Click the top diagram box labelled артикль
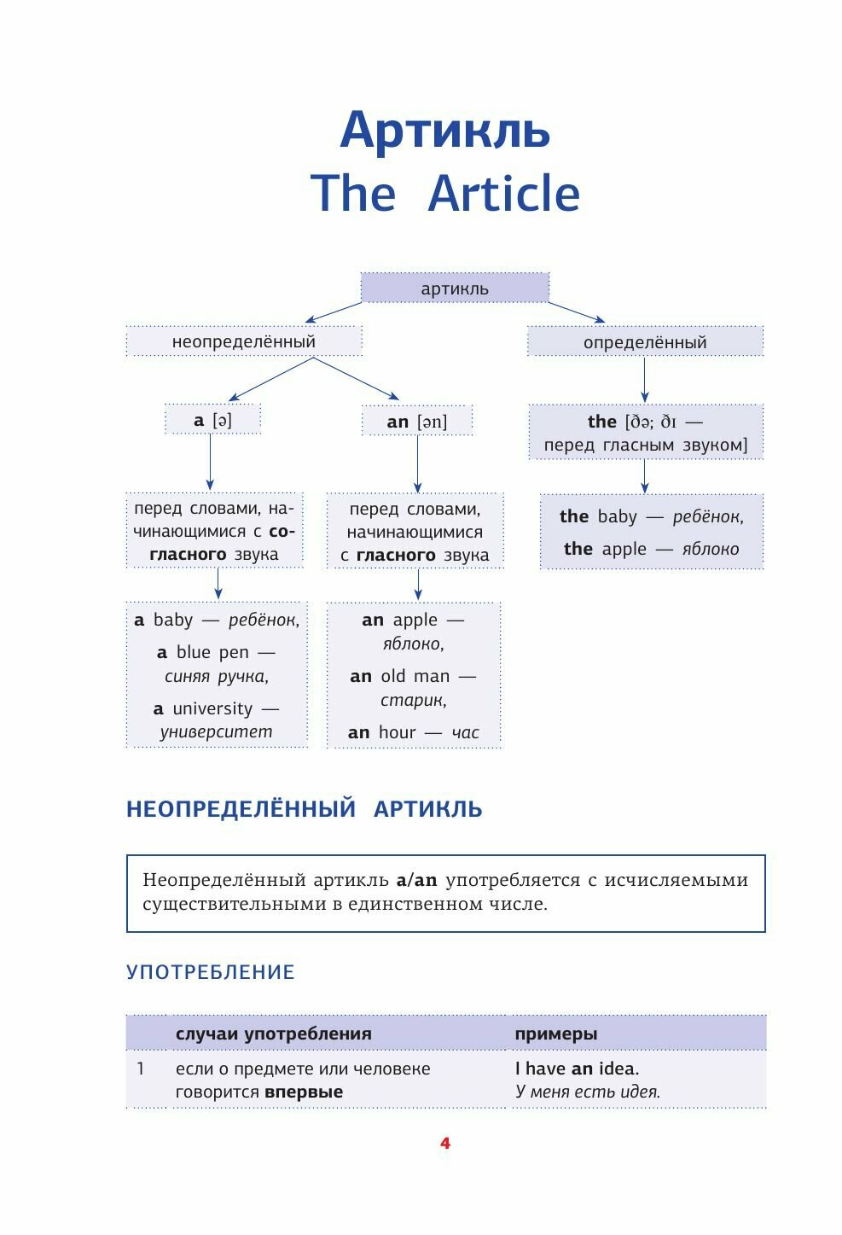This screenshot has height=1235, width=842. coord(455,288)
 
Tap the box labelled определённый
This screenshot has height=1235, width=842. coord(645,342)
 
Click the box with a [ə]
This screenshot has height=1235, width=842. coord(212,420)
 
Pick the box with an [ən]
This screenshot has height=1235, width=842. coord(416,422)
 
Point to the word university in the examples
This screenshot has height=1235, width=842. coord(212,708)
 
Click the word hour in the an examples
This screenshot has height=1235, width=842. coord(397,732)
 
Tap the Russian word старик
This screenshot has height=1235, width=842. coord(413,701)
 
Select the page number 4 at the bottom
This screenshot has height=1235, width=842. coord(444,1144)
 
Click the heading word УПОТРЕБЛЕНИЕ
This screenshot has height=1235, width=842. coord(210,972)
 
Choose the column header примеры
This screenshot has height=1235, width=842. coord(555,1034)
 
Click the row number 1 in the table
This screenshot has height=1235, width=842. coord(141,1069)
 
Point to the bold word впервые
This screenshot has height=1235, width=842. coord(303,1092)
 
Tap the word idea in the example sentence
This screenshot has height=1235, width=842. coord(618,1069)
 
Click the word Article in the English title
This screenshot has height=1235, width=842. coord(503,194)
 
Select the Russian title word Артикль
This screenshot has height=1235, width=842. coord(444,130)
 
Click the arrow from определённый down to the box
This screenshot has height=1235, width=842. coord(644,380)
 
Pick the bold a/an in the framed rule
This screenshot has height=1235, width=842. coord(416,880)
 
